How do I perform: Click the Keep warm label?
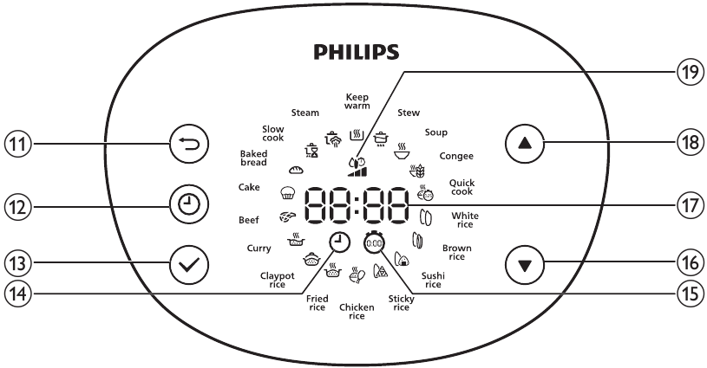pyautogui.click(x=357, y=101)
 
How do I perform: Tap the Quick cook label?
pyautogui.click(x=461, y=187)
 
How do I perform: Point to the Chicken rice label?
pyautogui.click(x=356, y=312)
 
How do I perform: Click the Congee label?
pyautogui.click(x=456, y=156)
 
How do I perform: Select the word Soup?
pyautogui.click(x=435, y=132)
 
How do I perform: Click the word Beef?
pyautogui.click(x=249, y=220)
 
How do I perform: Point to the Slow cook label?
pyautogui.click(x=273, y=132)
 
